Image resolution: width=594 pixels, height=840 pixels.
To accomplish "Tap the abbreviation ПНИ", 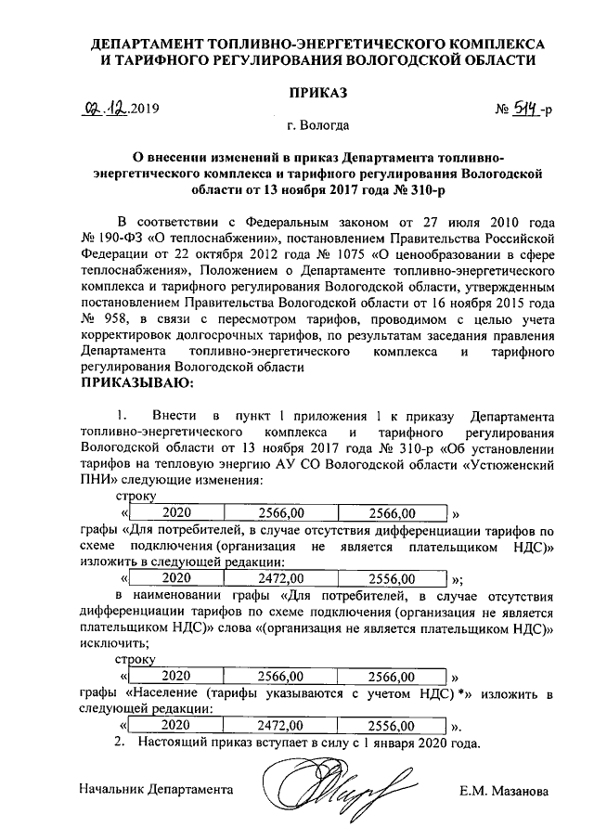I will [x=97, y=480].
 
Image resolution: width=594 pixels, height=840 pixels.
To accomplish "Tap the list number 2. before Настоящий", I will [x=118, y=743].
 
